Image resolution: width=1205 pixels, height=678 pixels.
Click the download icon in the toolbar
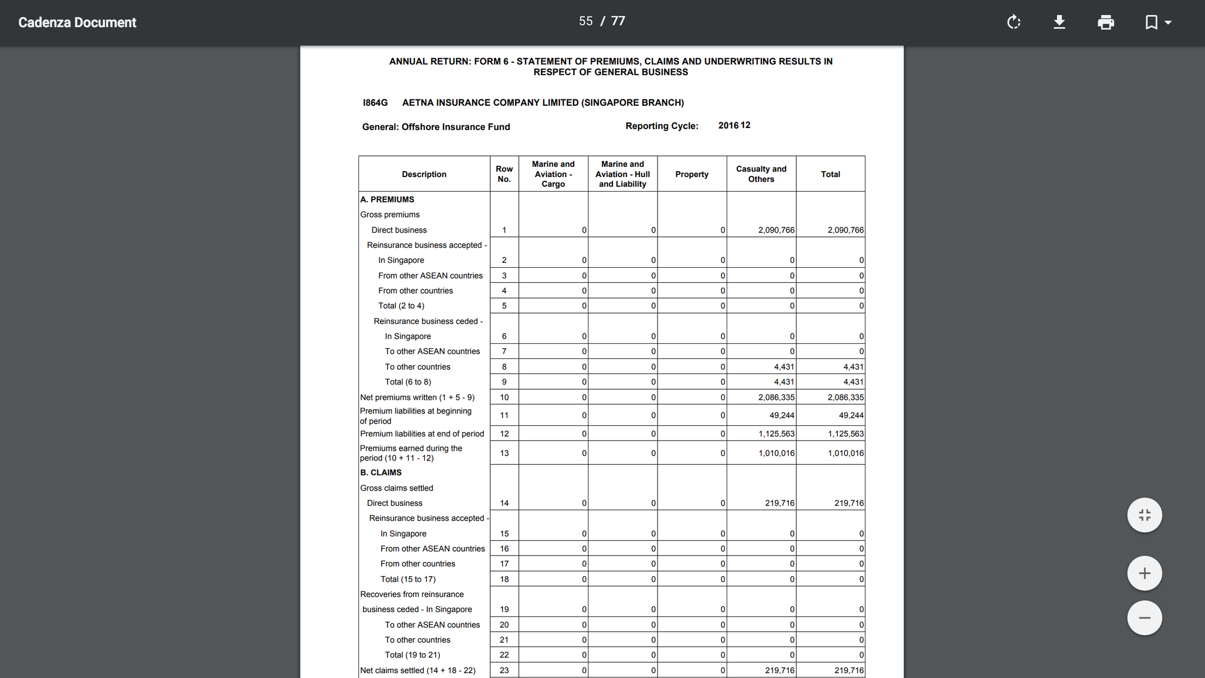click(1059, 22)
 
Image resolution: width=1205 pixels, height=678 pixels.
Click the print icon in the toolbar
click(1106, 22)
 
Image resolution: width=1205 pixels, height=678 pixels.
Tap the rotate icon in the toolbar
click(1014, 22)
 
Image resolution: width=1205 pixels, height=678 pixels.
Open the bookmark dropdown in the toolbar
click(1157, 22)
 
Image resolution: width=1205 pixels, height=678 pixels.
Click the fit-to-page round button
click(1144, 515)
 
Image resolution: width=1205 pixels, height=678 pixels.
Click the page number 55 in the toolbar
click(586, 21)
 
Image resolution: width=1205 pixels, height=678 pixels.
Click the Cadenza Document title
click(77, 22)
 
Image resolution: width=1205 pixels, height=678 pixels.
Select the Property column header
click(692, 174)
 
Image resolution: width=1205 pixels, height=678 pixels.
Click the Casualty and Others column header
click(761, 174)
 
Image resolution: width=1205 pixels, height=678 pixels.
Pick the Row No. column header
click(504, 174)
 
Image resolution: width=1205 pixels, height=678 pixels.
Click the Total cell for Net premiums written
click(845, 397)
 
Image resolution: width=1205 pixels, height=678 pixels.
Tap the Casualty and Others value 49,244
click(781, 415)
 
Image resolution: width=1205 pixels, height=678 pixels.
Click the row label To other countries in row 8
click(417, 367)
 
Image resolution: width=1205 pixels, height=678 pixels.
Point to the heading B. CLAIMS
click(381, 472)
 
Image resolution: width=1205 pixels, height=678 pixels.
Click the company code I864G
click(375, 103)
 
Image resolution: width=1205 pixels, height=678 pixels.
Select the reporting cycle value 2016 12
click(734, 125)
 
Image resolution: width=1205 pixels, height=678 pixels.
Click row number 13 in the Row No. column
click(504, 453)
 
